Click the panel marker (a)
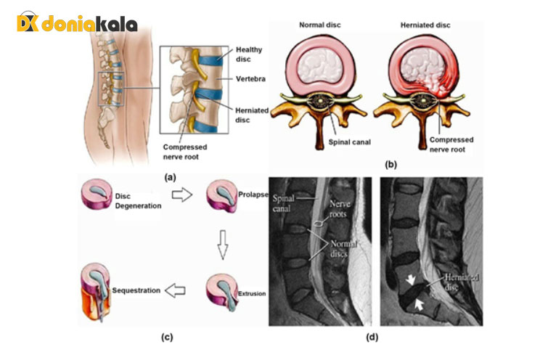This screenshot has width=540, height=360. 170,176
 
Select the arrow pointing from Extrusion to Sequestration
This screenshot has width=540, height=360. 176,290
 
